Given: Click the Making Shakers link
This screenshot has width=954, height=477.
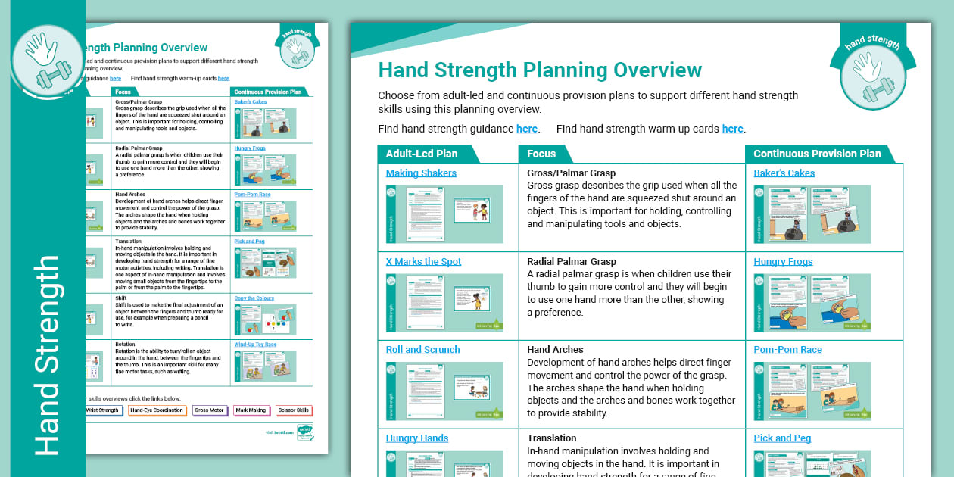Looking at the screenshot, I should pyautogui.click(x=421, y=173).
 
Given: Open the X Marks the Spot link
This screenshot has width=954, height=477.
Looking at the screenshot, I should pyautogui.click(x=423, y=262).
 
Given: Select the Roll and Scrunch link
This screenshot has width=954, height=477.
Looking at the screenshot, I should pyautogui.click(x=422, y=350).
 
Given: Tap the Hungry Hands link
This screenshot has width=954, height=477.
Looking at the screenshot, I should pyautogui.click(x=416, y=438).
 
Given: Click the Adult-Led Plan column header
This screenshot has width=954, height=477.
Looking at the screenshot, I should pyautogui.click(x=422, y=154).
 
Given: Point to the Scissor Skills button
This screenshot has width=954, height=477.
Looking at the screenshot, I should pyautogui.click(x=294, y=410).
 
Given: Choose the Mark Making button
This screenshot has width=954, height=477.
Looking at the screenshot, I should pyautogui.click(x=251, y=410).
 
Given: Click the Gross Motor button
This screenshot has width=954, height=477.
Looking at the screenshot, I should pyautogui.click(x=209, y=410).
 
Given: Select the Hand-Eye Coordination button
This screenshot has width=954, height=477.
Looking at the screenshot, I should pyautogui.click(x=157, y=410).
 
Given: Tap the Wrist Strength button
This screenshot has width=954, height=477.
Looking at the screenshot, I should pyautogui.click(x=103, y=410).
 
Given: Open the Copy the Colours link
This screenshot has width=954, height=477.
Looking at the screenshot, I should pyautogui.click(x=254, y=299).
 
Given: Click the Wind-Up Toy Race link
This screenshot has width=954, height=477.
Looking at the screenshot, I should pyautogui.click(x=255, y=344).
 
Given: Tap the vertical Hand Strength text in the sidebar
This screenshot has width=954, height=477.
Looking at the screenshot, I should pyautogui.click(x=47, y=356).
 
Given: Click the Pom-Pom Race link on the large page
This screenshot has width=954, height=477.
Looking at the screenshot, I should pyautogui.click(x=787, y=350).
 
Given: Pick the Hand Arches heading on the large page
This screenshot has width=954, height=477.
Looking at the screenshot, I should pyautogui.click(x=555, y=350).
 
